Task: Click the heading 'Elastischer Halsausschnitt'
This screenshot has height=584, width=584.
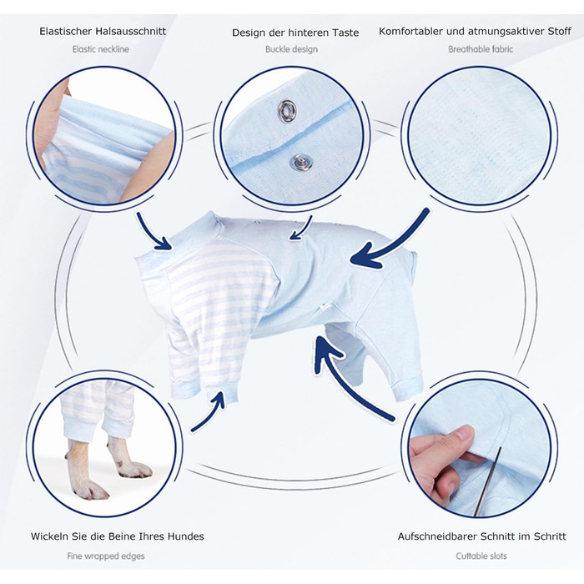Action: [x=103, y=31]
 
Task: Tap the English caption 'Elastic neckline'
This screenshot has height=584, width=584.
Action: [x=101, y=49]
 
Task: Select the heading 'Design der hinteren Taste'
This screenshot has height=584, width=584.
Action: [x=295, y=33]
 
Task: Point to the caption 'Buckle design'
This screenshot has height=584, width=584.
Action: [x=291, y=49]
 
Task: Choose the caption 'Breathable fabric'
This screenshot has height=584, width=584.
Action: [x=481, y=49]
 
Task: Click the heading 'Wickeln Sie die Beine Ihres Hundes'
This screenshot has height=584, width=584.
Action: [x=118, y=536]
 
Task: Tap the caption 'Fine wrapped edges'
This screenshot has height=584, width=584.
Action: [x=106, y=556]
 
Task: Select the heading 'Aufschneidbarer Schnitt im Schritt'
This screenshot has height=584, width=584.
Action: [x=481, y=536]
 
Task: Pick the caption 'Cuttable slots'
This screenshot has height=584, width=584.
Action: [x=481, y=556]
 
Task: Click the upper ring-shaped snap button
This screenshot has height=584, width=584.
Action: [x=287, y=111]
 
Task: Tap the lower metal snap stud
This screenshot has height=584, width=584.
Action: [x=301, y=163]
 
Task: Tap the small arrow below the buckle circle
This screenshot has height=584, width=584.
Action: [x=302, y=228]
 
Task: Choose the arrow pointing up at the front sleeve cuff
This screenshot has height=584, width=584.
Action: [x=209, y=412]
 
